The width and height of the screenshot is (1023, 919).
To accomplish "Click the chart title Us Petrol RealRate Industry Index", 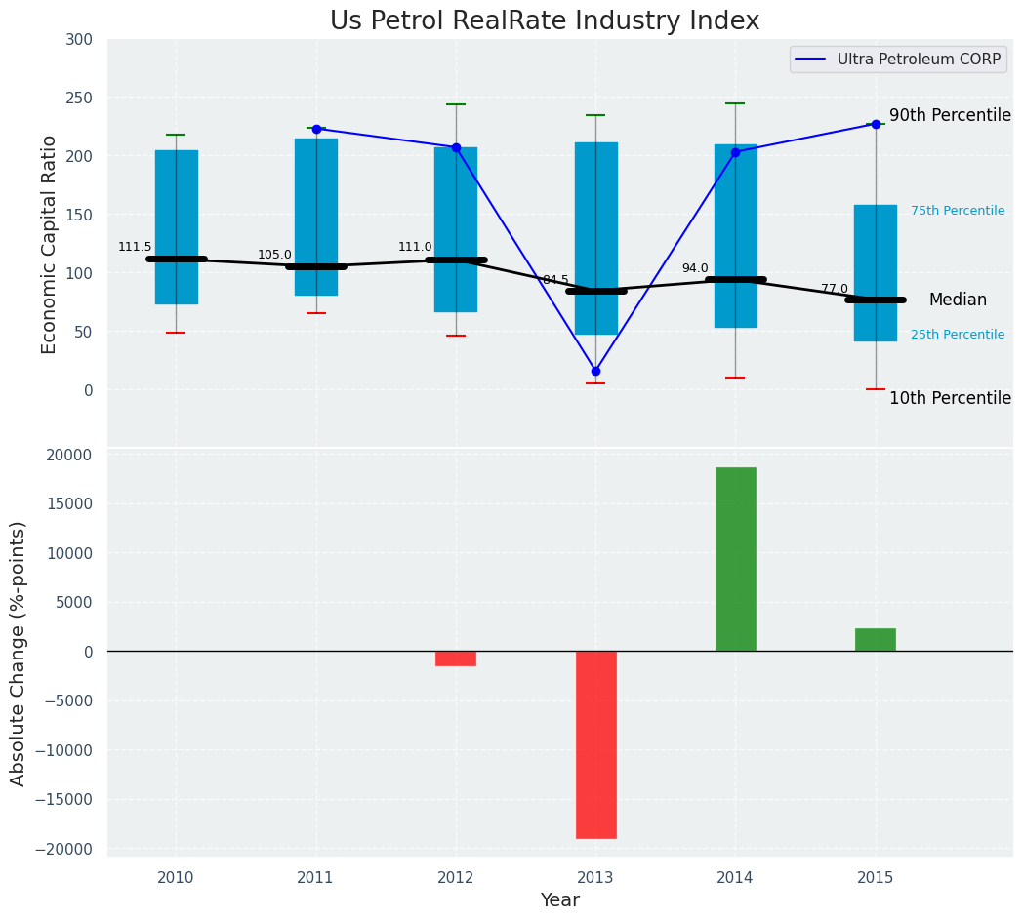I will (545, 21).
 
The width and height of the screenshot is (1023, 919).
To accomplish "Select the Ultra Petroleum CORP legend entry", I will (918, 60).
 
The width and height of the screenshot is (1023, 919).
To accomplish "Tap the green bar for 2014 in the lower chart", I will (735, 559).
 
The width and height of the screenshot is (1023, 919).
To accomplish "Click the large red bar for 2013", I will (595, 744).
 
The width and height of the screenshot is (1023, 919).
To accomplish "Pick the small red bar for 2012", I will (456, 659).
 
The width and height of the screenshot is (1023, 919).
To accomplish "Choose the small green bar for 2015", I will (876, 640).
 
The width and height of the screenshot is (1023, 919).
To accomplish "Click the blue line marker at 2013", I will (595, 371).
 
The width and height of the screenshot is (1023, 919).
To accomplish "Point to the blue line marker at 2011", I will (316, 129).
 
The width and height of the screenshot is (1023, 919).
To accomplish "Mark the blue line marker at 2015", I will (876, 124).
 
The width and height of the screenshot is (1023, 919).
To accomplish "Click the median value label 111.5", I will (135, 247).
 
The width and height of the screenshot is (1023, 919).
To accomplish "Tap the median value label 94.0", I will (695, 268).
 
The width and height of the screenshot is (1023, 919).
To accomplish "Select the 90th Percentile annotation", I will (950, 115).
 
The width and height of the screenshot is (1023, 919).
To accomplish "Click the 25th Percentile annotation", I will (958, 335).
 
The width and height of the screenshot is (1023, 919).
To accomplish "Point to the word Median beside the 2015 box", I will (958, 300).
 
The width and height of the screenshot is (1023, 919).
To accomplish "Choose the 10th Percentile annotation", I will (950, 398).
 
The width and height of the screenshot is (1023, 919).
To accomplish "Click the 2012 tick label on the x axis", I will (456, 878).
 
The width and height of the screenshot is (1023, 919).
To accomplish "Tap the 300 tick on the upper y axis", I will (80, 39).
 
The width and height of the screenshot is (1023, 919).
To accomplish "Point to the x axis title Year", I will (560, 900).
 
